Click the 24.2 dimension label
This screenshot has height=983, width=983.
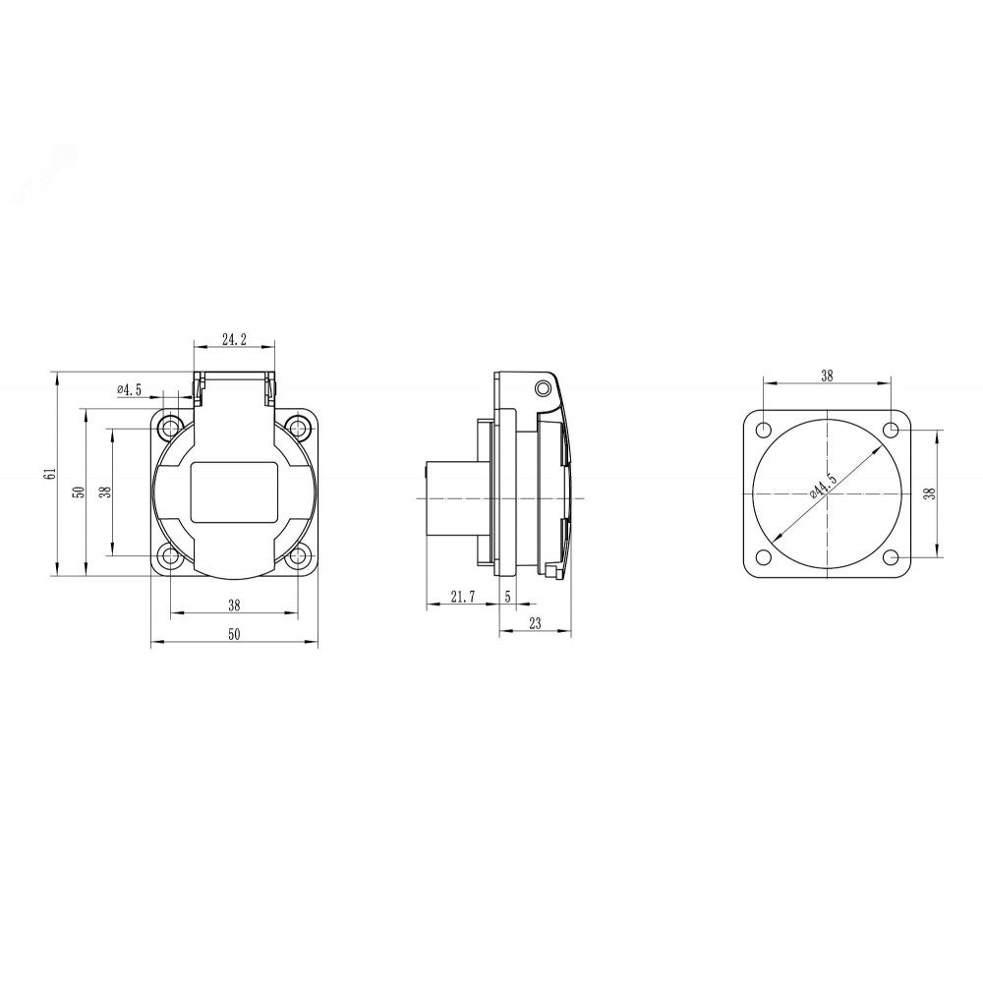coord(235,339)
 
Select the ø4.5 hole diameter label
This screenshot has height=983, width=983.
coord(129,390)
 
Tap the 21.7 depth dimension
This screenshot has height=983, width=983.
coord(463,597)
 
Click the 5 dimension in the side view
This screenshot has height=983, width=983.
coord(508,597)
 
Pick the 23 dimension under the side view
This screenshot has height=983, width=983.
coord(535,624)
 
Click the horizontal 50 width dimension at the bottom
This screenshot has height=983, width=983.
coord(234,634)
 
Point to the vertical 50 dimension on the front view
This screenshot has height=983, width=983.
coord(79,491)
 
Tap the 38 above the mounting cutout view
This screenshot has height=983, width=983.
coord(827,376)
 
